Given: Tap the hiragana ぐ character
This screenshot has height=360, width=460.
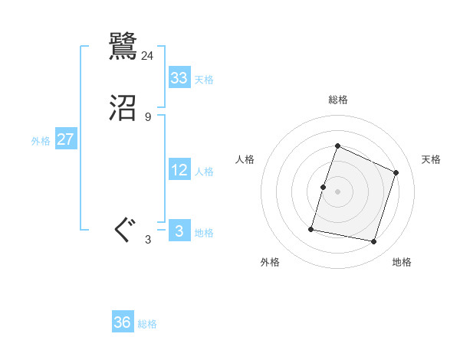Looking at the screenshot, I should point(123,231).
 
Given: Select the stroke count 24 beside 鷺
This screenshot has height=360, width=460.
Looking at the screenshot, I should point(148,55).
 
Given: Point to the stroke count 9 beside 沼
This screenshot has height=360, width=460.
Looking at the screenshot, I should point(148,117).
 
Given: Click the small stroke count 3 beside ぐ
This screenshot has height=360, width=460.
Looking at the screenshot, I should point(148,240).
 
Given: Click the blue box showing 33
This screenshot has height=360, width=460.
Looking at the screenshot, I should point(179,78).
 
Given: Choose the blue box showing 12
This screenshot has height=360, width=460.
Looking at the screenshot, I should point(179,170).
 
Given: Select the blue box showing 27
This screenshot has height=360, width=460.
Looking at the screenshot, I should point(66,139).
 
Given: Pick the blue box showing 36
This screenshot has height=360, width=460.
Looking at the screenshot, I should point(123,322).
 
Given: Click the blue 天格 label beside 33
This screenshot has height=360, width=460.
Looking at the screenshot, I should point(204,80).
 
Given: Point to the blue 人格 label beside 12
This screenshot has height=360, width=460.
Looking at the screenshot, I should point(204,172).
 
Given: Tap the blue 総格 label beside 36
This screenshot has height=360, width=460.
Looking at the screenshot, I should point(147,324).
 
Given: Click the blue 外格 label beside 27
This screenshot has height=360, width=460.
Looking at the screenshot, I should point(41,141).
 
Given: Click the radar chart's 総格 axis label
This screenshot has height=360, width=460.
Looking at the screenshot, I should point(338,100).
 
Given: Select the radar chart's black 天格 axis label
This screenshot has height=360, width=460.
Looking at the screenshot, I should point(431,159).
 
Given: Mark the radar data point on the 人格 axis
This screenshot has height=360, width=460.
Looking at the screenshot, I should point(324,187).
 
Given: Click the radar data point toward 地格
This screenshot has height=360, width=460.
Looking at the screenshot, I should point(373,242).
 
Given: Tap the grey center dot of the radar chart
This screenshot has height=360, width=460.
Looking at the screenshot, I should point(338,191).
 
